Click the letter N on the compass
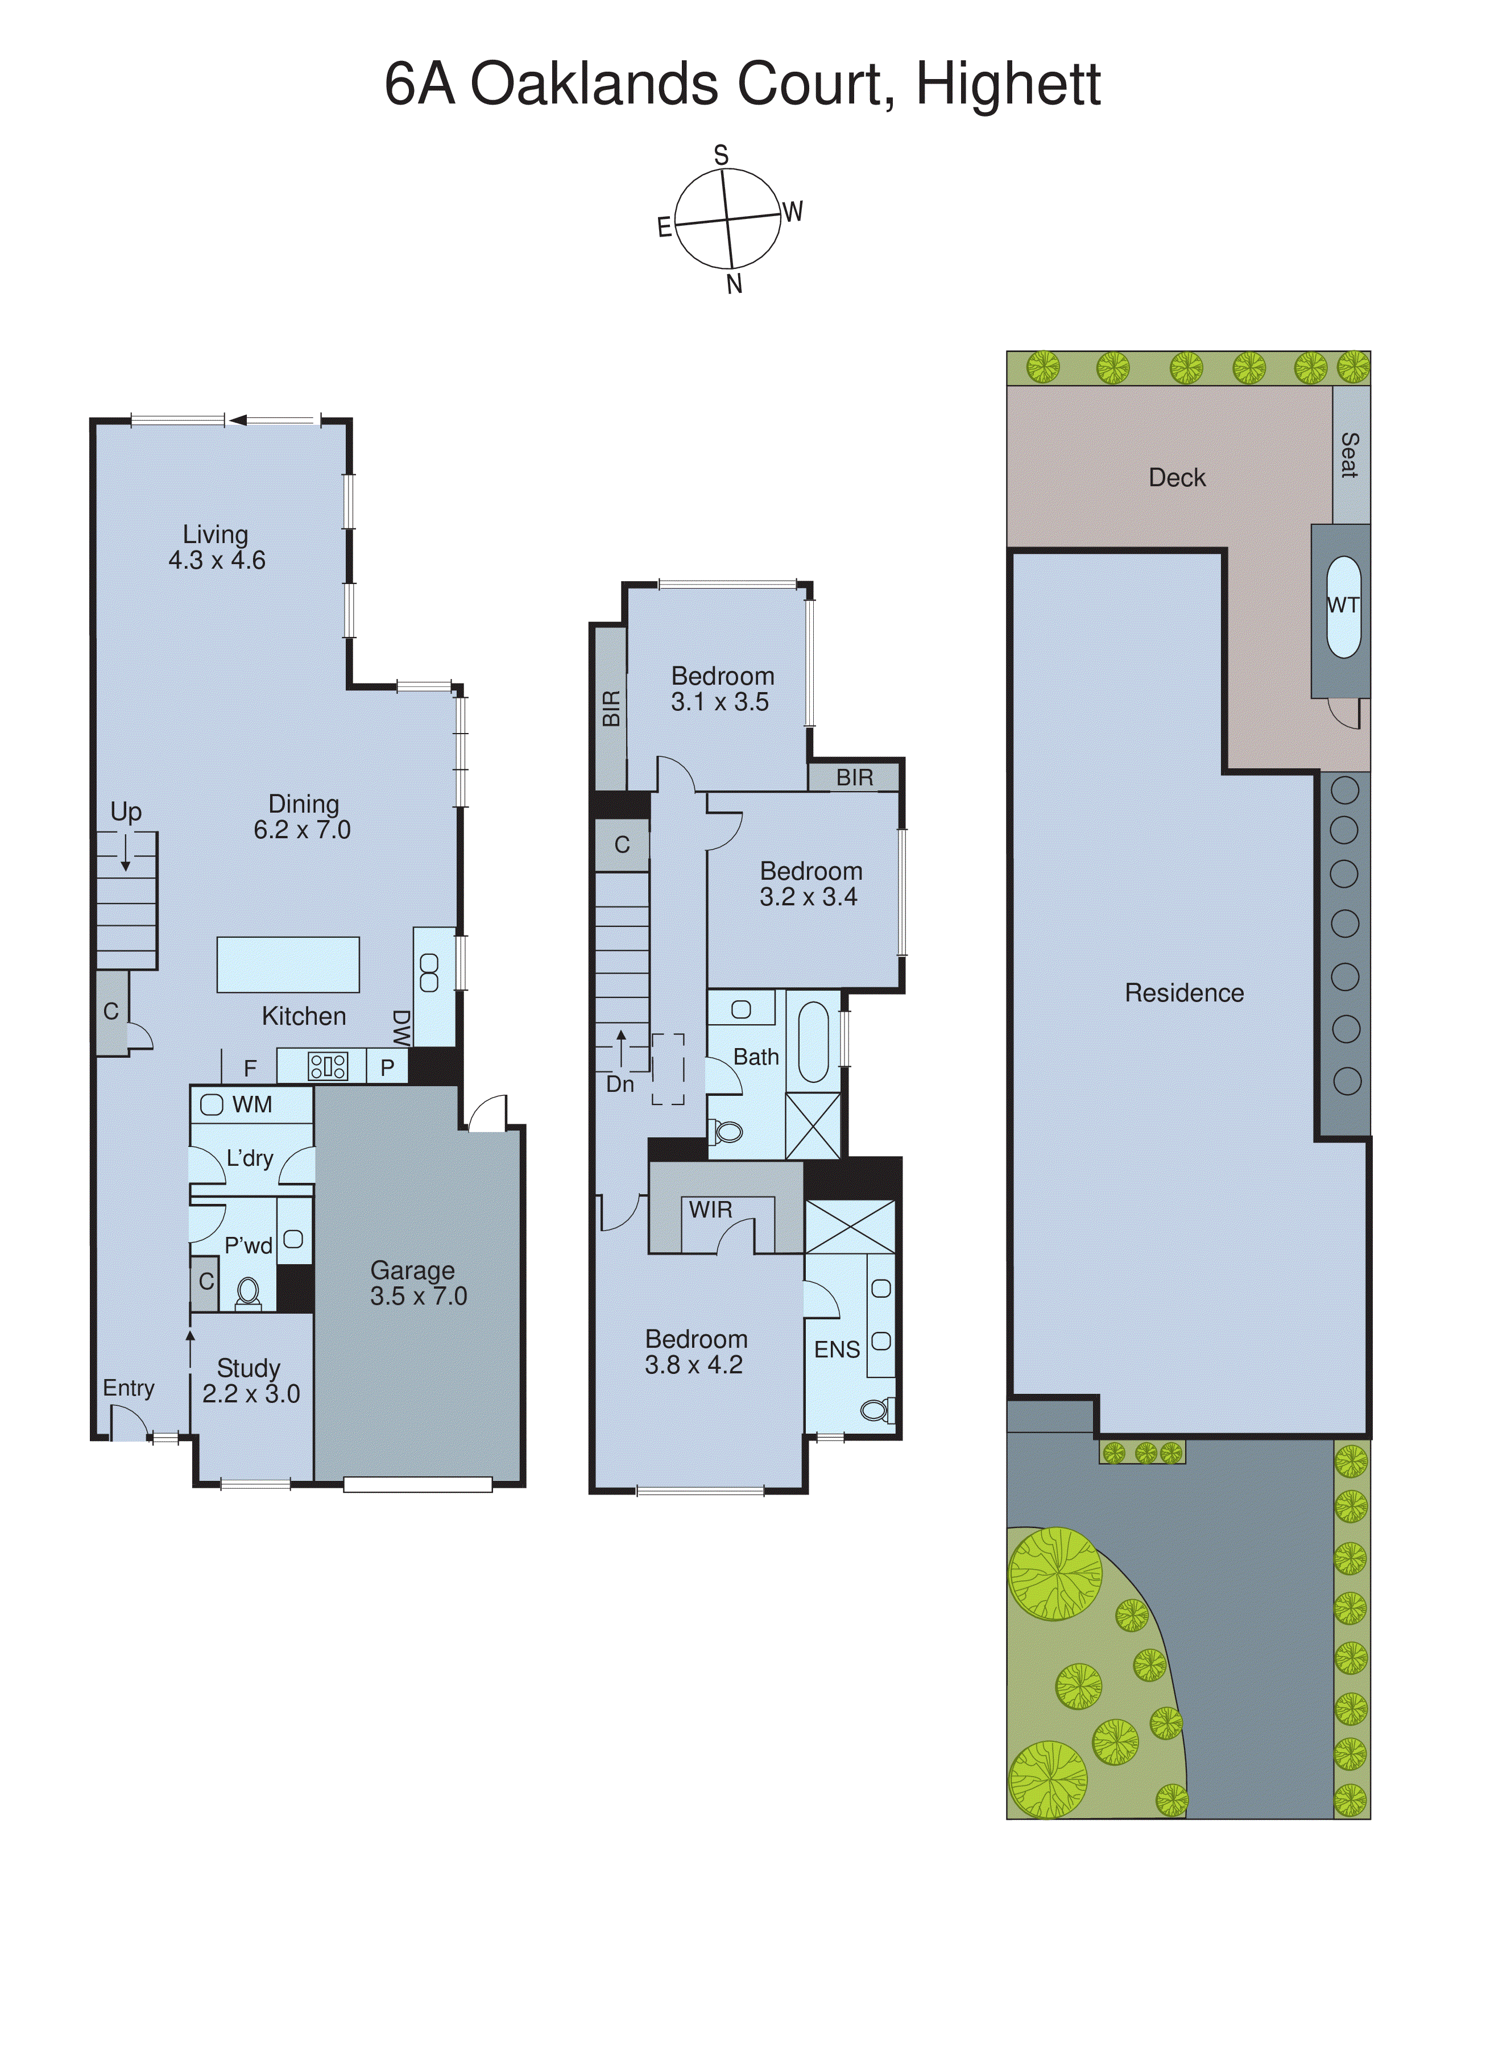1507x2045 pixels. tap(734, 284)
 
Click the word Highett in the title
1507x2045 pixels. tap(1008, 84)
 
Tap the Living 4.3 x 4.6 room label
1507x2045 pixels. tap(216, 547)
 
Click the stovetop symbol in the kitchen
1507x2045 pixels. tap(328, 1066)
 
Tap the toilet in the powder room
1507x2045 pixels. tap(247, 1291)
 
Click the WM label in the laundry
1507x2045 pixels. tap(252, 1104)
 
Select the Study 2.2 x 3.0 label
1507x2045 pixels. tap(250, 1380)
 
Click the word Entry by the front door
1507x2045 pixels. tap(129, 1388)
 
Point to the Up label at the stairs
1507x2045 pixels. tap(126, 811)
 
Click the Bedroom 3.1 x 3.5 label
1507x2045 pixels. tap(722, 689)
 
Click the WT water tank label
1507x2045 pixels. tap(1343, 605)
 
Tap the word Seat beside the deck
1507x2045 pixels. tap(1349, 455)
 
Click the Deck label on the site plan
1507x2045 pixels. tap(1176, 478)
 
